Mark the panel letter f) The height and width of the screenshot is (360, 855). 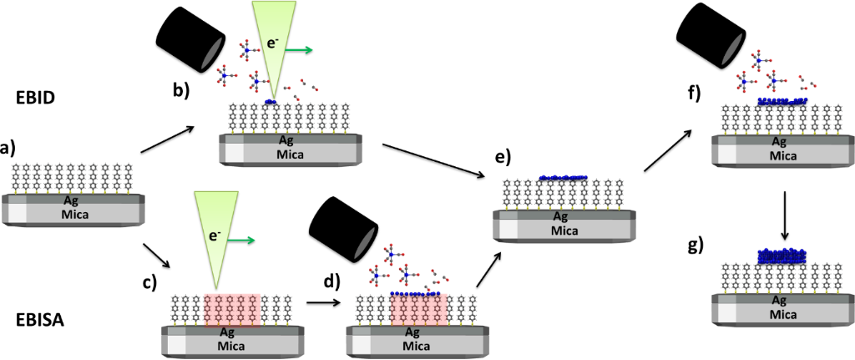[694, 91]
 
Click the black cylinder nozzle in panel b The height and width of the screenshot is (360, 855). [192, 38]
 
